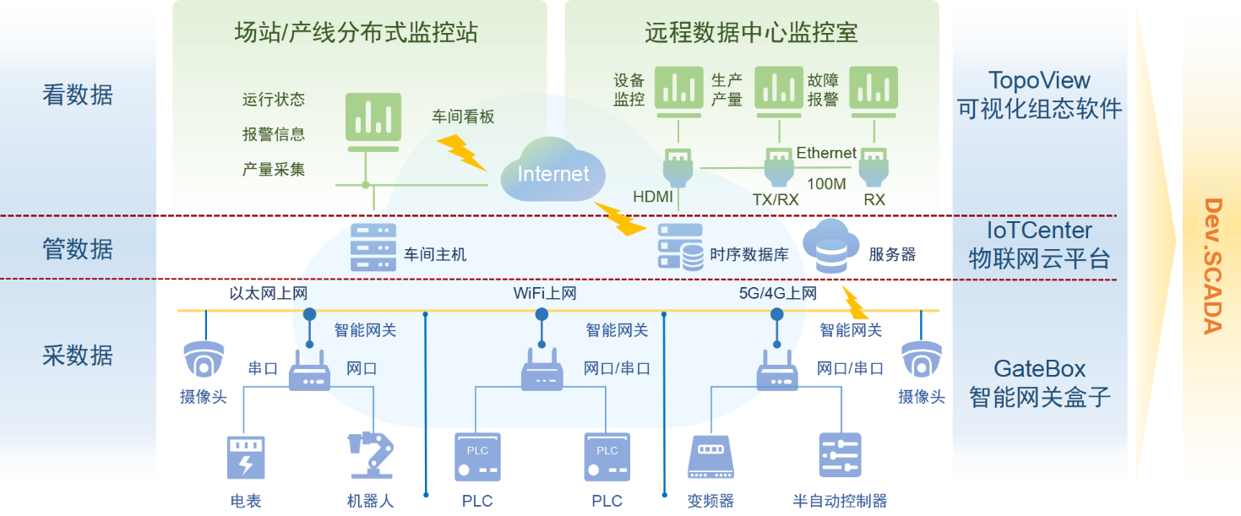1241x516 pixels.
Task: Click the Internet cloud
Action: (553, 174)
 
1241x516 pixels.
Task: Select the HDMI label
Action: (652, 198)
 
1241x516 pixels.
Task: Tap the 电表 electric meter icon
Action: (245, 457)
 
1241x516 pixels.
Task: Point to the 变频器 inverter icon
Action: (710, 457)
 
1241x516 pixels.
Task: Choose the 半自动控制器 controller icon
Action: (840, 456)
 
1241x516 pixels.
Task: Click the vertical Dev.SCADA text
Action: (1213, 266)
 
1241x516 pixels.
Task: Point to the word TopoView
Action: (1039, 81)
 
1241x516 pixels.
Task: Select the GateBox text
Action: (1039, 369)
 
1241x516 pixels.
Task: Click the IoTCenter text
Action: (1039, 231)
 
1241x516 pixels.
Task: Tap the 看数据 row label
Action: (78, 95)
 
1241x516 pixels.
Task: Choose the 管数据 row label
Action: (78, 249)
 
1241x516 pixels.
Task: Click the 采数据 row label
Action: (78, 356)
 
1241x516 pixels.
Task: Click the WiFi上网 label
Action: (545, 294)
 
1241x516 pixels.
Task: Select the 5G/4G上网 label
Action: (778, 294)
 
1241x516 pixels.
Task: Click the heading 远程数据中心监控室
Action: (751, 33)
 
